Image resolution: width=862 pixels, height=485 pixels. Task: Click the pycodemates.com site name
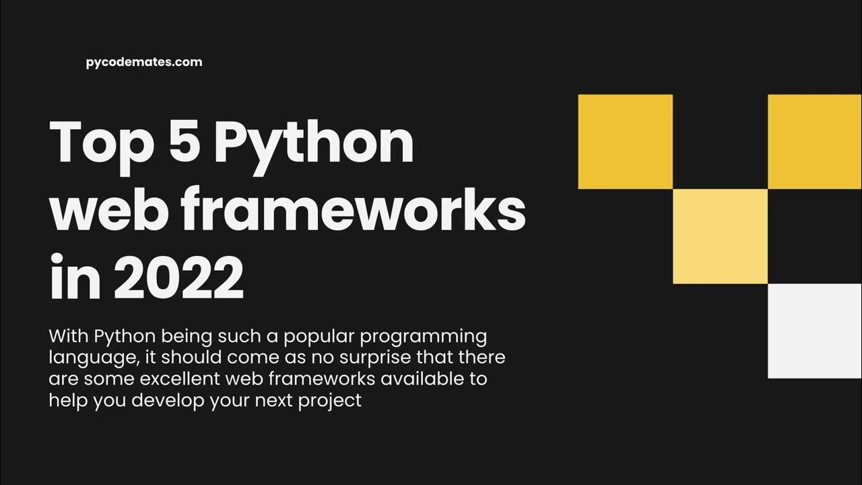pyautogui.click(x=144, y=62)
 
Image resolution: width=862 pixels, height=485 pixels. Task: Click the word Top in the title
pyautogui.click(x=98, y=142)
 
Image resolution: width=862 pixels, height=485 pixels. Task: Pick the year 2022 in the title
pyautogui.click(x=178, y=277)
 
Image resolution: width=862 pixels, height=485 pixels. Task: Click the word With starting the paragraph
pyautogui.click(x=68, y=335)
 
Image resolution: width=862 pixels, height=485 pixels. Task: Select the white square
pyautogui.click(x=815, y=331)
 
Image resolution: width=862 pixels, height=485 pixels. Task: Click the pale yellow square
pyautogui.click(x=720, y=236)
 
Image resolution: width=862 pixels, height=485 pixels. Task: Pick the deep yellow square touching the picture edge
pyautogui.click(x=815, y=141)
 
